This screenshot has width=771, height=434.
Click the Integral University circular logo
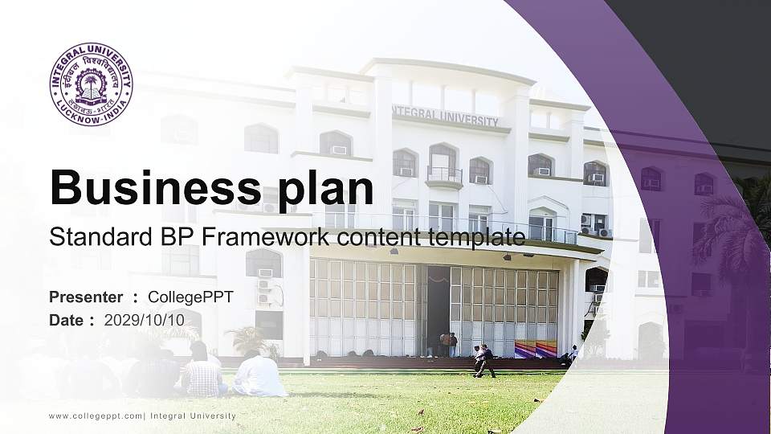point(92,84)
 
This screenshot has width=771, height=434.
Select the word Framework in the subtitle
point(288,236)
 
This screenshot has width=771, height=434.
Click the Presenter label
point(86,297)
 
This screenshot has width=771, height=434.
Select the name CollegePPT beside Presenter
point(196,297)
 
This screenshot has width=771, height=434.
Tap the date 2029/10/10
point(145,320)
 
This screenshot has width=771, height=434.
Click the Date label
point(67,320)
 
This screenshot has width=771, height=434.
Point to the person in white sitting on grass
point(259,375)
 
